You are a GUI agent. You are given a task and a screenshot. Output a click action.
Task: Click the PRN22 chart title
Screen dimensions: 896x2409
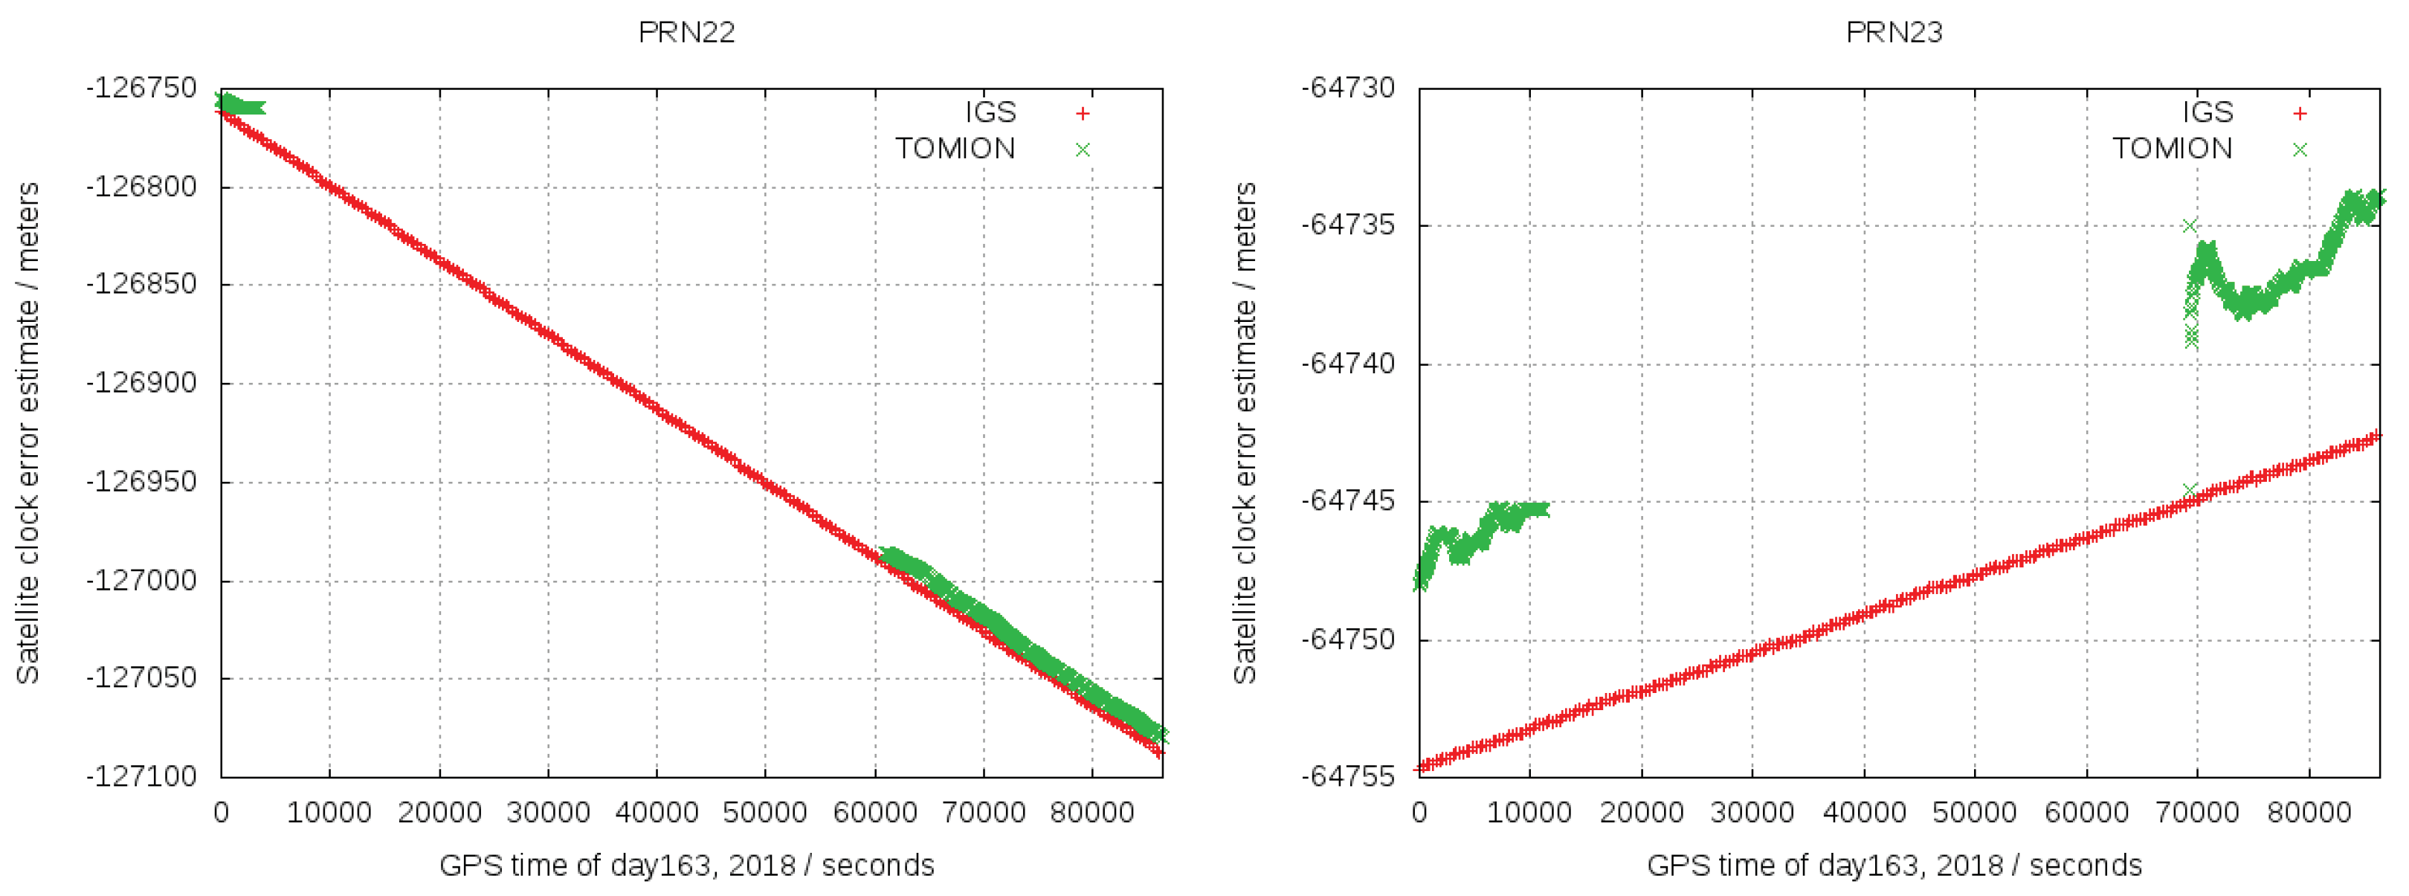tap(686, 33)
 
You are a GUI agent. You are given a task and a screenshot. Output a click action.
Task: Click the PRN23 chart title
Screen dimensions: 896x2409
tap(1894, 33)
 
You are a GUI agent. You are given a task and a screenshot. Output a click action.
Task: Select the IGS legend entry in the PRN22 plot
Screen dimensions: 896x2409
tap(990, 112)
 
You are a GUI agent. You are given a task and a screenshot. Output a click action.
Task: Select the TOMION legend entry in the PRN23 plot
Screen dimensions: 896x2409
tap(2172, 149)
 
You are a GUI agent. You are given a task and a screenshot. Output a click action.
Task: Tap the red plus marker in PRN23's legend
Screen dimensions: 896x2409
tap(2300, 113)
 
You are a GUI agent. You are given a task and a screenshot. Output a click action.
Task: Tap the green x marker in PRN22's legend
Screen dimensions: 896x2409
tap(1083, 149)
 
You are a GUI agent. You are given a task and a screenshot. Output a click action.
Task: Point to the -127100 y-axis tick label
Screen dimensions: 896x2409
tap(142, 776)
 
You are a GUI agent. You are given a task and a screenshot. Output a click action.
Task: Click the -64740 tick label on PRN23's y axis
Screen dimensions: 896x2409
tap(1349, 363)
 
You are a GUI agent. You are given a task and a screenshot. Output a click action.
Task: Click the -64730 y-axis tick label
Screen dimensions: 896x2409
tap(1349, 88)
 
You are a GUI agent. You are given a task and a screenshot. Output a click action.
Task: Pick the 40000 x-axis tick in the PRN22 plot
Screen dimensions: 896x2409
tap(657, 812)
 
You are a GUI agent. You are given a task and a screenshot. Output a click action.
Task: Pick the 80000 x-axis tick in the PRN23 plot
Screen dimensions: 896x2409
tap(2309, 812)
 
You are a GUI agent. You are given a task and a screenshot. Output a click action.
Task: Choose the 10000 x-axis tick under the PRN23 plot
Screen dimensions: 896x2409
tap(1529, 812)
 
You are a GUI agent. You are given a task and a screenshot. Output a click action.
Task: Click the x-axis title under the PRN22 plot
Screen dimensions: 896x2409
tap(686, 865)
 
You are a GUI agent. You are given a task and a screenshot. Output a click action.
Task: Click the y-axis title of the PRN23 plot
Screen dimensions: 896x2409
tap(1244, 433)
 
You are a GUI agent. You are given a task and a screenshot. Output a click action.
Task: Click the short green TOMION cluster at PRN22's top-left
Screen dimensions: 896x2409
tap(242, 106)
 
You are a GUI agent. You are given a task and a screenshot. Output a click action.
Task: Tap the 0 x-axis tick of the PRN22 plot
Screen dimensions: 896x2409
tap(222, 812)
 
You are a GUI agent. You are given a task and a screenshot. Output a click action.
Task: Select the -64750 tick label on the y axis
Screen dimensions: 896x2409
tap(1349, 639)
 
